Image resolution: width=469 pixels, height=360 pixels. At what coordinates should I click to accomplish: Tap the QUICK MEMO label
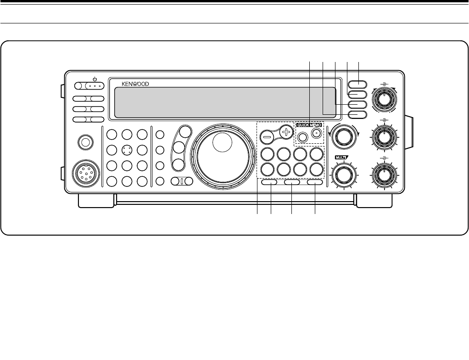click(x=310, y=124)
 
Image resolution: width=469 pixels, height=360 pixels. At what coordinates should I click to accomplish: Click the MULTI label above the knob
click(x=341, y=159)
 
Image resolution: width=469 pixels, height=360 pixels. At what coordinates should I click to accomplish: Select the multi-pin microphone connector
click(x=84, y=174)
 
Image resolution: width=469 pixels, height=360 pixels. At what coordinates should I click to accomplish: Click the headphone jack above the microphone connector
click(x=84, y=142)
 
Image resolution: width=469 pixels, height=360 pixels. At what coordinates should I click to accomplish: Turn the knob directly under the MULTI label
click(x=341, y=175)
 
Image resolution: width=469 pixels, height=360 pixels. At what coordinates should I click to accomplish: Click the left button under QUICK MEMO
click(x=302, y=135)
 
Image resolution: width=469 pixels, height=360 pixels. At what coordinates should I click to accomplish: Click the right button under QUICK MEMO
click(x=316, y=134)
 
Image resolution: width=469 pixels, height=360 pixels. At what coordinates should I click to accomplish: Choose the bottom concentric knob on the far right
click(x=384, y=174)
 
